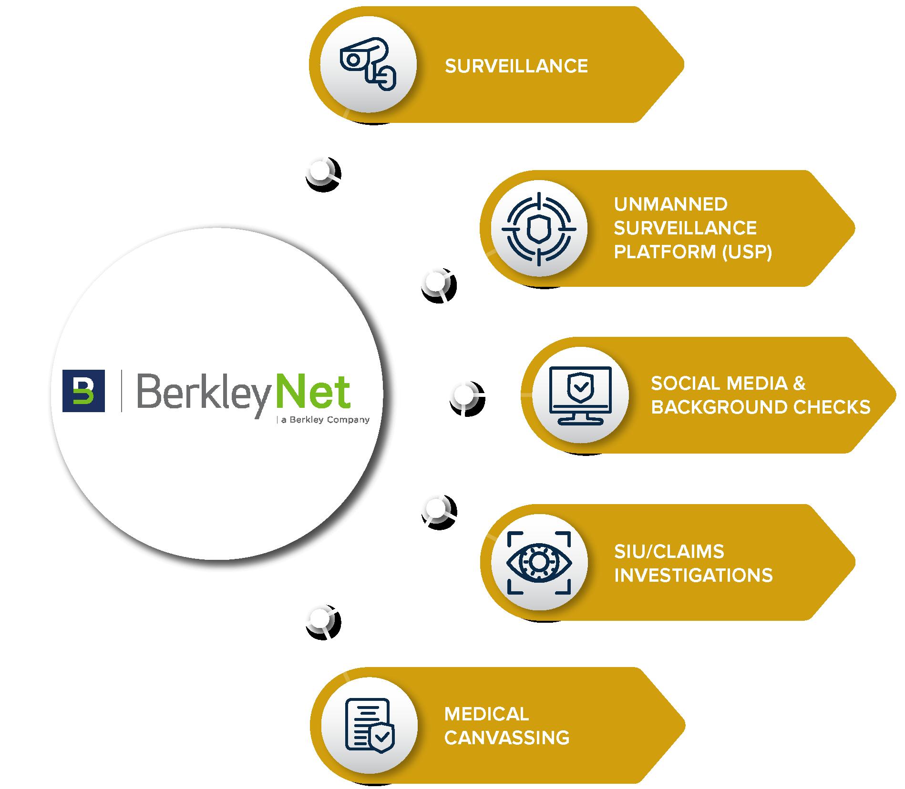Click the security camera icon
368,64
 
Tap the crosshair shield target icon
539,229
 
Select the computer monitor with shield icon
580,395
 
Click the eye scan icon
539,563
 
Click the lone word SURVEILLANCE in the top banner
516,66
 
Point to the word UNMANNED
670,204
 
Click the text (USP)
747,252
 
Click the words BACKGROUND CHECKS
761,407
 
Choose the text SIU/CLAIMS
668,551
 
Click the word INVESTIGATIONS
693,575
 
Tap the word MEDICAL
486,714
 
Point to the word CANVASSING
507,738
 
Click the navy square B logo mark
83,390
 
